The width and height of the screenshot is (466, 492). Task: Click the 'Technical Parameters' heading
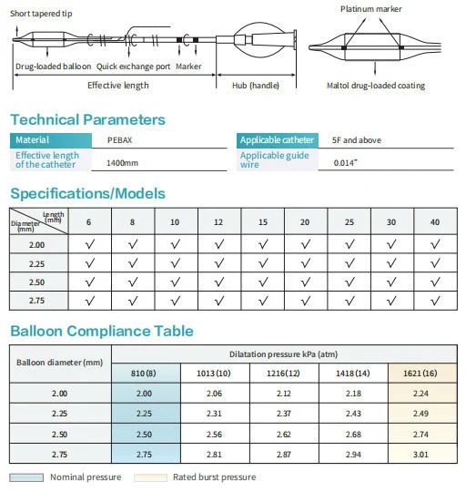[x=87, y=119]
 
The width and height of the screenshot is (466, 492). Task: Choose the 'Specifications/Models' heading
[x=87, y=193]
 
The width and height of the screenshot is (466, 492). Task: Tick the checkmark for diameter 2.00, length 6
[x=88, y=243]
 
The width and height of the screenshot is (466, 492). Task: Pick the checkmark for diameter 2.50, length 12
[x=219, y=282]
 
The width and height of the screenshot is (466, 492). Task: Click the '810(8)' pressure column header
[x=145, y=372]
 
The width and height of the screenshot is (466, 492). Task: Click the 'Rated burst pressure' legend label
[x=214, y=477]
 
